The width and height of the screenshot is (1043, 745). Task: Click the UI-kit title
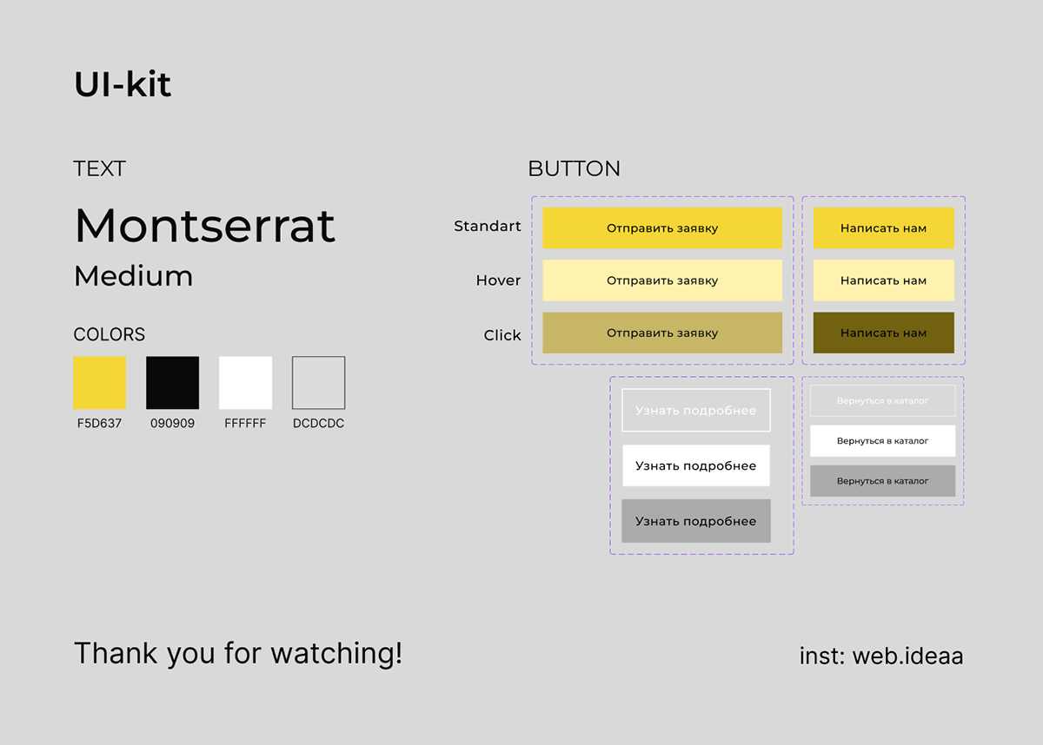pos(123,84)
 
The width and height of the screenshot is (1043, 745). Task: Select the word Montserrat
pos(205,226)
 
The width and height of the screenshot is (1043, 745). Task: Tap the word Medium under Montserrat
pos(134,276)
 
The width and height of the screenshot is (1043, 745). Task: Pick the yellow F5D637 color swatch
pos(100,383)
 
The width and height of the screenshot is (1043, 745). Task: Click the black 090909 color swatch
pos(173,383)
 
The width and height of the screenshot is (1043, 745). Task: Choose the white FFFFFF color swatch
pos(245,383)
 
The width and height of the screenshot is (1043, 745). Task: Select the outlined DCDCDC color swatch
pos(318,383)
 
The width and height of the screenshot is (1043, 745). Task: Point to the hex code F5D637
pos(99,423)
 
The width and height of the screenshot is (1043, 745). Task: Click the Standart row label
pos(488,226)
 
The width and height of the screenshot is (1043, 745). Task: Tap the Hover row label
pos(498,280)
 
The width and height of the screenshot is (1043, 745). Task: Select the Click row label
pos(502,335)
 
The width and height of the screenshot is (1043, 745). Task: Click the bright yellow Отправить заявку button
pos(662,227)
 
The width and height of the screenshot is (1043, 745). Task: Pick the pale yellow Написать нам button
pos(884,280)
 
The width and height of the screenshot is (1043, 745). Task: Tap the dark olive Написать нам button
pos(884,333)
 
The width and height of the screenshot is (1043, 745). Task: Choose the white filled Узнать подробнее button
pos(696,465)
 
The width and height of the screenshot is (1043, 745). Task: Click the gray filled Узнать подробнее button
pos(696,521)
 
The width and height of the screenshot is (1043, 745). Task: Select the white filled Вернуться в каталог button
pos(883,440)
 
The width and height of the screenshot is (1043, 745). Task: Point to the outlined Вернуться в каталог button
pos(883,400)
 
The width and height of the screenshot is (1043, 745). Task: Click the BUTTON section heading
pos(575,168)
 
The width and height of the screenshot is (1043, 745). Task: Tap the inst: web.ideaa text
pos(881,656)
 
